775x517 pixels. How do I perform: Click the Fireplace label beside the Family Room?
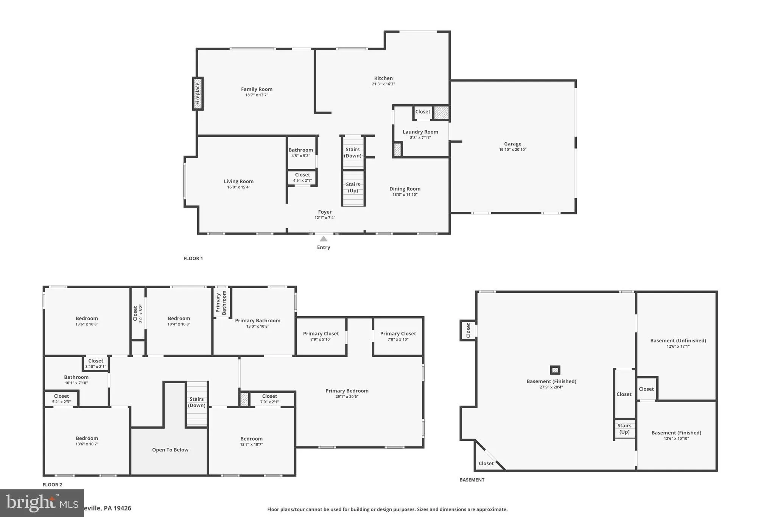[198, 94]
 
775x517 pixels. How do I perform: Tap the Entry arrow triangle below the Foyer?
[324, 239]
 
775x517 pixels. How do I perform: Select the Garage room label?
[512, 144]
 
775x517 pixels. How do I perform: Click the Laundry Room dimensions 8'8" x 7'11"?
[420, 137]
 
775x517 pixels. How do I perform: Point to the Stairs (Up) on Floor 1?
[353, 187]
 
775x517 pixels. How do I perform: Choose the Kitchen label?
[383, 78]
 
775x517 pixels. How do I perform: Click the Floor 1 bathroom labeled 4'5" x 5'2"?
[301, 153]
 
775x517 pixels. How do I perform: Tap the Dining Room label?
[405, 189]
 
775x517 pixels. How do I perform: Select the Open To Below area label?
[170, 450]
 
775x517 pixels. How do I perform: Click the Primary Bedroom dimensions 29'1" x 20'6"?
[347, 397]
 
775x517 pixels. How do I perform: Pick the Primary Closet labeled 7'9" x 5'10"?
[321, 336]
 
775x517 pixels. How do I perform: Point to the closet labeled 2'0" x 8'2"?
[138, 314]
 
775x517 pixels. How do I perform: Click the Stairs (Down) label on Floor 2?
[197, 402]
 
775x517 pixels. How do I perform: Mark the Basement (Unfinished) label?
[678, 341]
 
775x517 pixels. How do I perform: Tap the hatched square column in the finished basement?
[555, 370]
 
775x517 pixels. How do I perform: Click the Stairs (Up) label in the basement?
[624, 428]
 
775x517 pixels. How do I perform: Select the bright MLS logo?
[42, 503]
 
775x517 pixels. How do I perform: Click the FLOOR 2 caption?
[52, 484]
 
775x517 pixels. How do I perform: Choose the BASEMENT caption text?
[472, 480]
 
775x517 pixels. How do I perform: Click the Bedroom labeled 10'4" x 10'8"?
[179, 321]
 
